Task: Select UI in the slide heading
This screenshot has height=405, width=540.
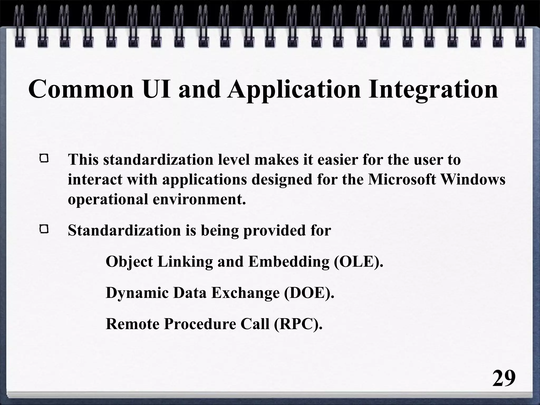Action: [156, 89]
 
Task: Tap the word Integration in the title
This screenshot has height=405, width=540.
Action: [433, 89]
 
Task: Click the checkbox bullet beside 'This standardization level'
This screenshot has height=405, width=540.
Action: [44, 159]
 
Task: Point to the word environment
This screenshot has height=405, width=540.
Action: [199, 199]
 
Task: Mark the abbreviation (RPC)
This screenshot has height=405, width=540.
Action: [298, 324]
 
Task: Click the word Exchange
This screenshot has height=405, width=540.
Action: [245, 293]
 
